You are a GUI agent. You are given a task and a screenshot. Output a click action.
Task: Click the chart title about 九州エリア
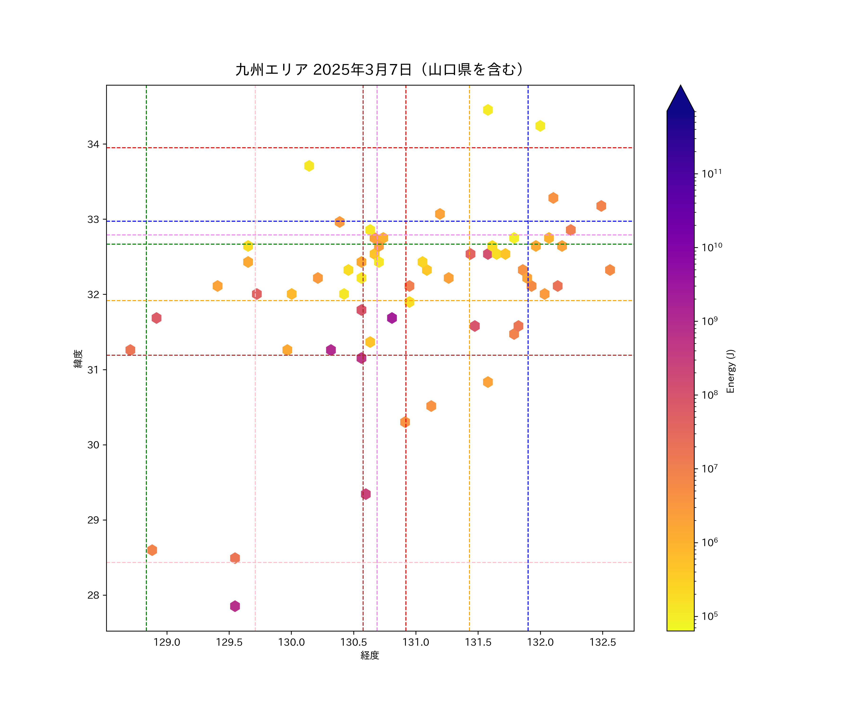tap(379, 70)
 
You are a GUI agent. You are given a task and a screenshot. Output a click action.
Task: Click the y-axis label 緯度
tap(78, 359)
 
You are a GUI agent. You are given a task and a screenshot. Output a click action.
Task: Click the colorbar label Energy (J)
tap(730, 371)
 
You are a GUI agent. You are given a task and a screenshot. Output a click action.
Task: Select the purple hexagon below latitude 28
tap(235, 606)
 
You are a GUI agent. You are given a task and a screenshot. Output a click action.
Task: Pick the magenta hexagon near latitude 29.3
tap(365, 494)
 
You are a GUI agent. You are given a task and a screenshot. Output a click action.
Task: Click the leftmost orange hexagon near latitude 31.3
tap(130, 350)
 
